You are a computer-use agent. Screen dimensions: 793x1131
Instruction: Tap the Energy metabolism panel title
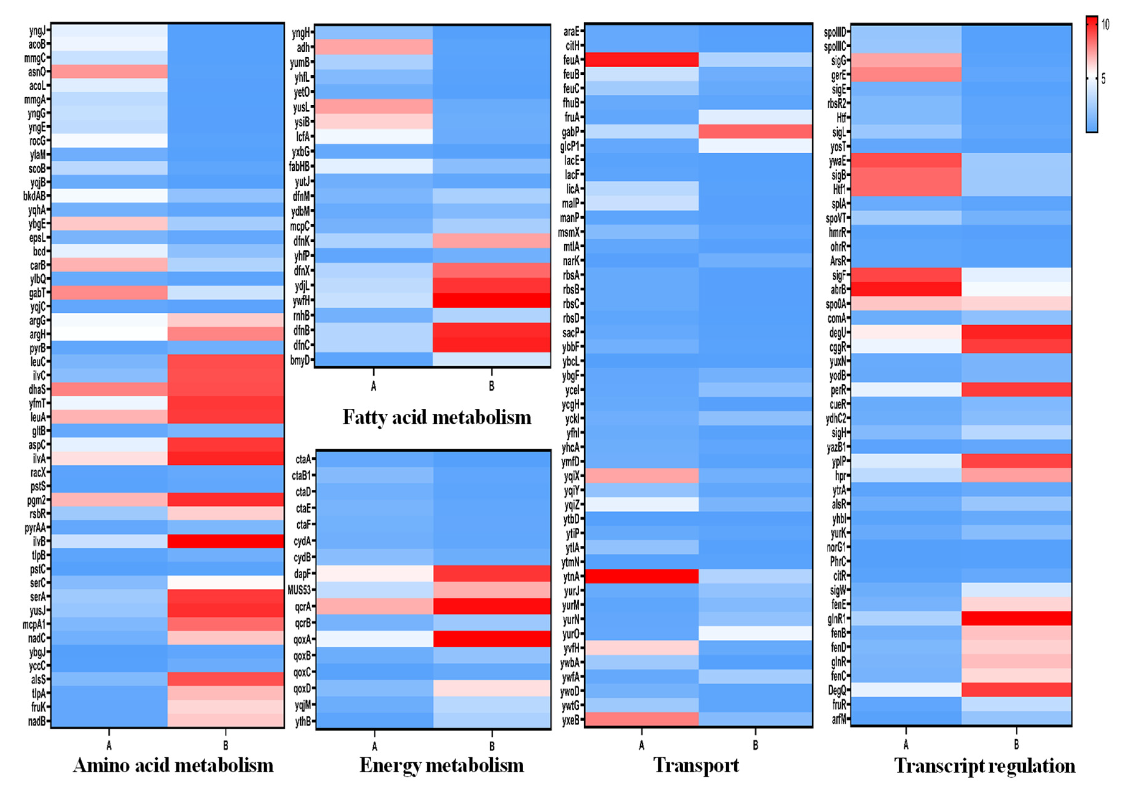(x=441, y=765)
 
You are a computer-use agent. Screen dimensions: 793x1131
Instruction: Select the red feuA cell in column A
(x=641, y=59)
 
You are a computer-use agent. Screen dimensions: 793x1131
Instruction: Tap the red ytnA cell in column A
(x=641, y=576)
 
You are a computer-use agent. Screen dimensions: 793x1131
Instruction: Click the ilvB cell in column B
(x=226, y=541)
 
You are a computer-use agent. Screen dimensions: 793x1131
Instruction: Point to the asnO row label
(x=37, y=72)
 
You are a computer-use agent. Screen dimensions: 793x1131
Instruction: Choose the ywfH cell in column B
(x=491, y=300)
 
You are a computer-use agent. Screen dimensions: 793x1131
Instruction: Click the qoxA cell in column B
(x=492, y=639)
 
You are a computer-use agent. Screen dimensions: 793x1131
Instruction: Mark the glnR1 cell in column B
(x=1016, y=618)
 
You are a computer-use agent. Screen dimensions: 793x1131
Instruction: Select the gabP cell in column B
(x=755, y=131)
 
